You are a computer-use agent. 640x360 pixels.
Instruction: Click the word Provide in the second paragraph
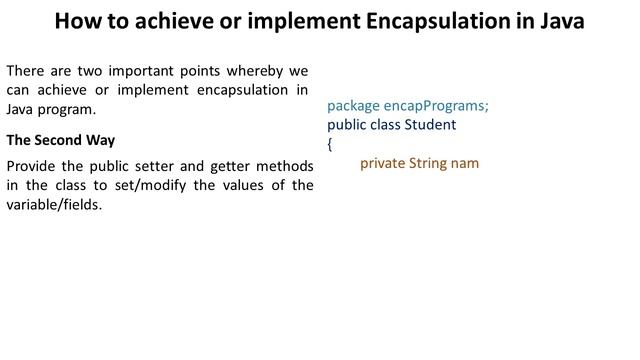click(x=32, y=166)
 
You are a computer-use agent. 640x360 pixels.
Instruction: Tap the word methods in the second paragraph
click(x=285, y=166)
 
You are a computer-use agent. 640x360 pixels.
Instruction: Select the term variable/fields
click(x=54, y=204)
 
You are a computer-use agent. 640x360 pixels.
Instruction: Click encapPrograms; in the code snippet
click(x=437, y=106)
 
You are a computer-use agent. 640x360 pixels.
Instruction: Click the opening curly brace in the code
click(x=330, y=144)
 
